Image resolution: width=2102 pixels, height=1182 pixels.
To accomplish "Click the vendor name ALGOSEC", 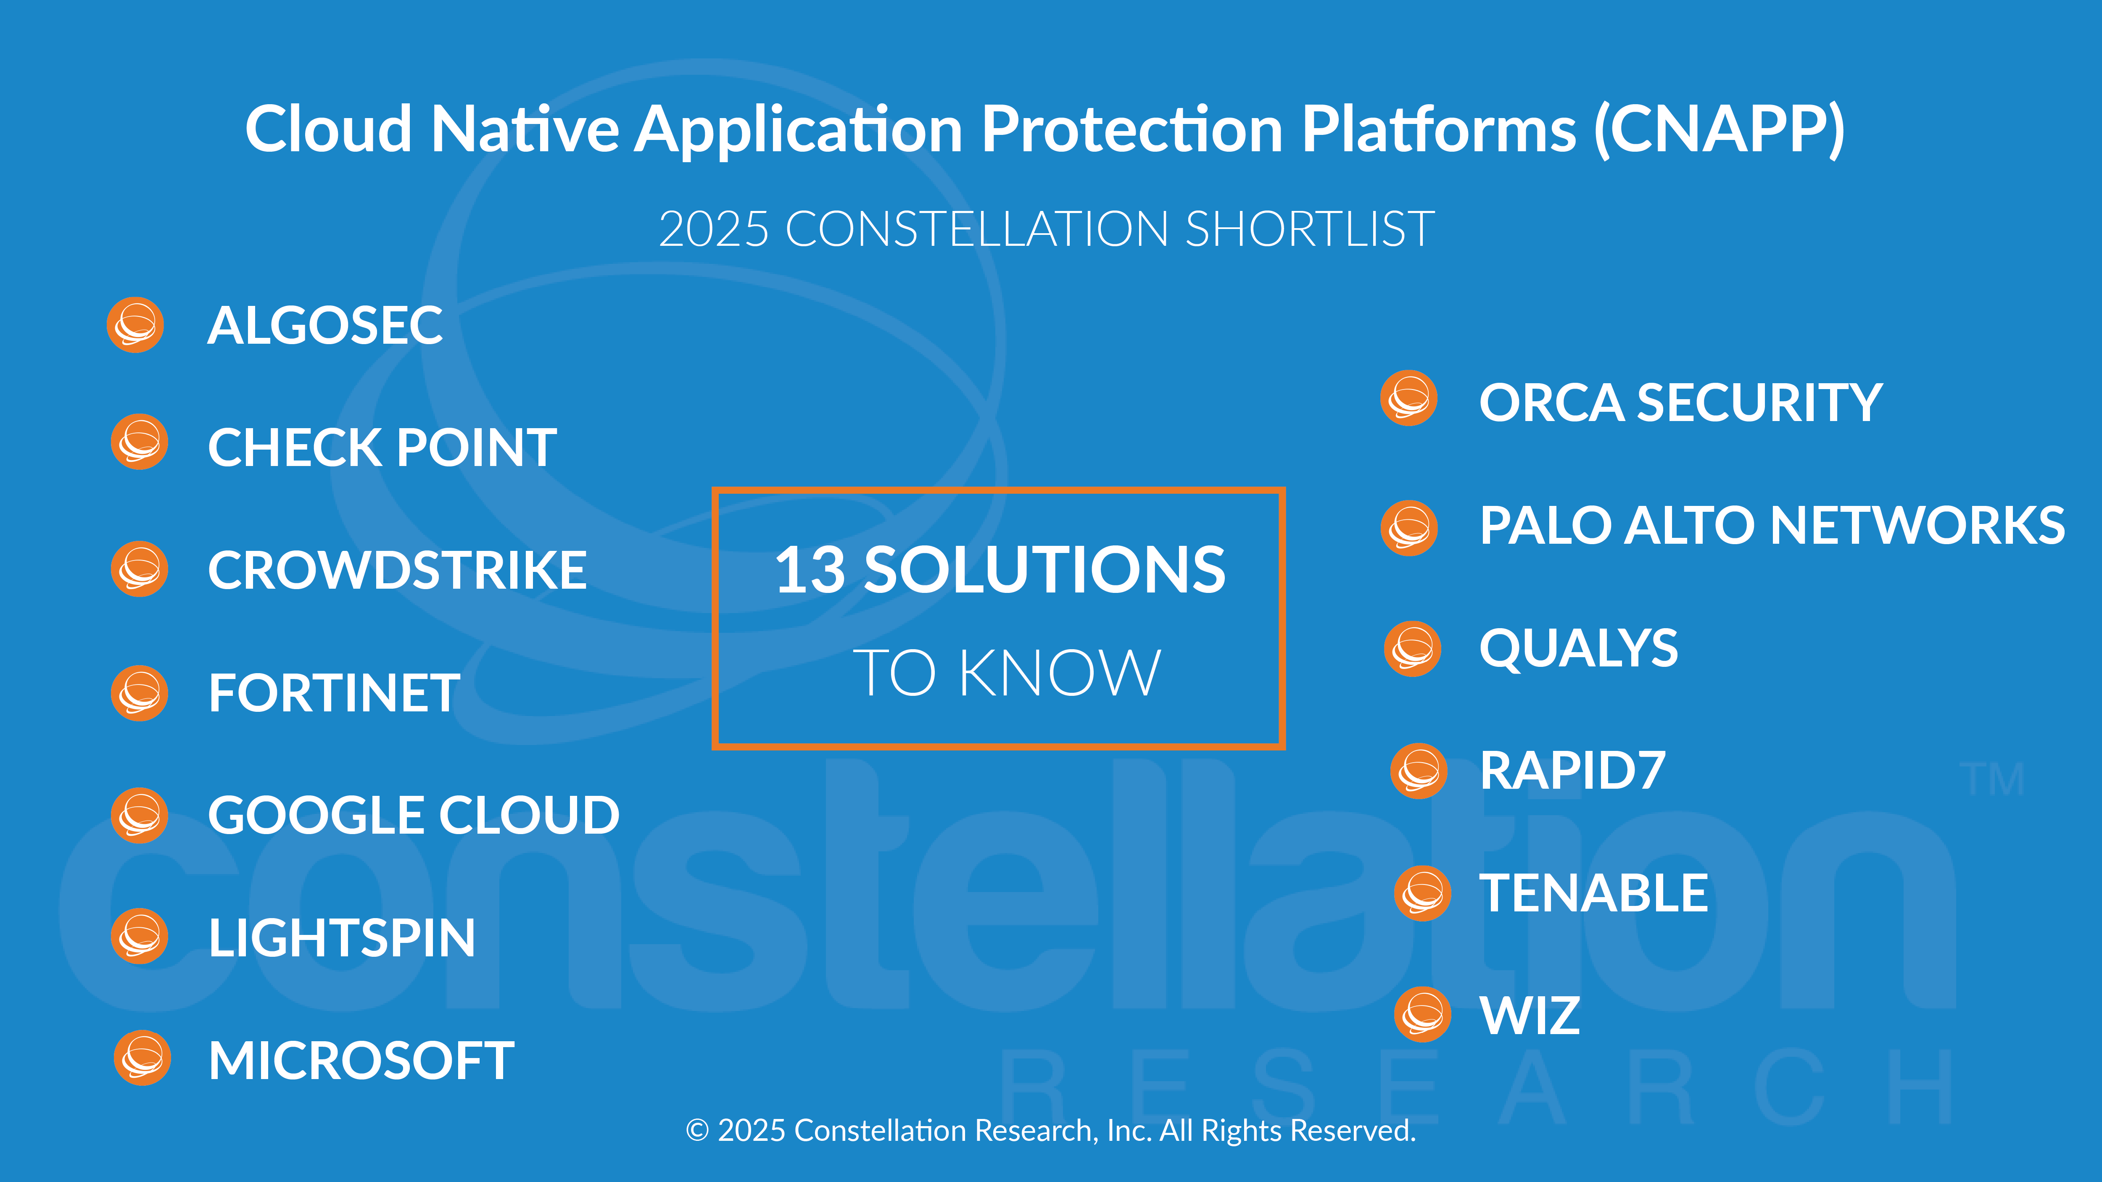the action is pyautogui.click(x=325, y=326).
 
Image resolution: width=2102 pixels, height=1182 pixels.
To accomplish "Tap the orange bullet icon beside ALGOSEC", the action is pyautogui.click(x=135, y=325).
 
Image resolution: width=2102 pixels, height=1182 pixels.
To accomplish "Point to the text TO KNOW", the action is pyautogui.click(x=1007, y=673).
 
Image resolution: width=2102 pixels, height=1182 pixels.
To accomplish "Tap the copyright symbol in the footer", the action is pyautogui.click(x=697, y=1131).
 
